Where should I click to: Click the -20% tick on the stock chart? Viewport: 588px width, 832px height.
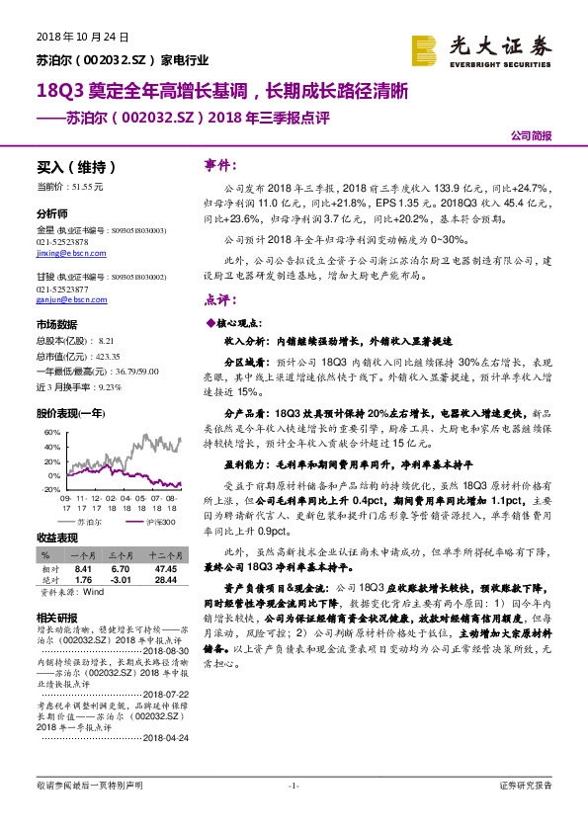pos(45,488)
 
